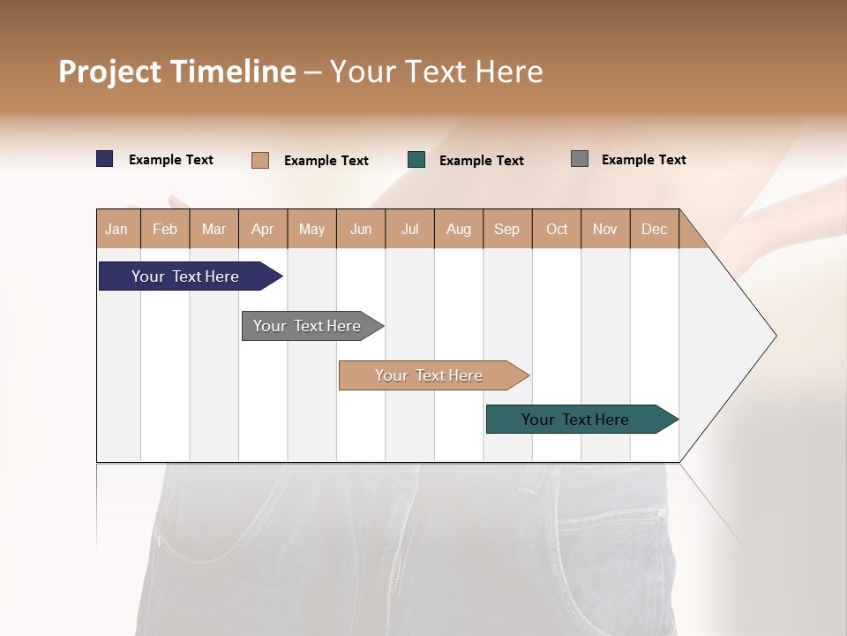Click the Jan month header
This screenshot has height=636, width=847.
click(x=117, y=229)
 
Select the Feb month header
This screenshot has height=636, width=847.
click(x=165, y=229)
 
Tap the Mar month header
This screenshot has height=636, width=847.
click(x=214, y=229)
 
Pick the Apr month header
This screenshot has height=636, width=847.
click(x=263, y=229)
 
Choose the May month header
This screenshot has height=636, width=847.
click(x=311, y=229)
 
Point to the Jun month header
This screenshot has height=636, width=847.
click(x=361, y=229)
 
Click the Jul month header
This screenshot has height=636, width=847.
click(x=409, y=229)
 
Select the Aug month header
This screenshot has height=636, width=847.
click(x=459, y=229)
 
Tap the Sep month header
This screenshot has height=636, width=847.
click(x=507, y=229)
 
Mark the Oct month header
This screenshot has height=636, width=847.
click(x=557, y=229)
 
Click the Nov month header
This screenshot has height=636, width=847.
click(x=605, y=229)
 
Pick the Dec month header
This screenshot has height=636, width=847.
click(x=654, y=229)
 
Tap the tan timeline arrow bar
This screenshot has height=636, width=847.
click(x=430, y=375)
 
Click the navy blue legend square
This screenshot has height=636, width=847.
click(x=105, y=159)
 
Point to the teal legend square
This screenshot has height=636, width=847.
click(x=416, y=160)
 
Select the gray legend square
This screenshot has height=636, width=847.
click(x=580, y=159)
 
